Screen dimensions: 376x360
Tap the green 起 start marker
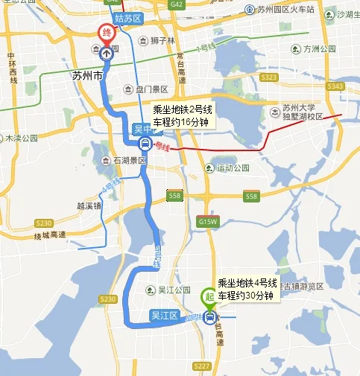click(209, 295)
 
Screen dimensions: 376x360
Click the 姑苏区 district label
click(129, 16)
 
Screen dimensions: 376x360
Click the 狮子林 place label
click(162, 40)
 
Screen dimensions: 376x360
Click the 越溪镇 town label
click(89, 205)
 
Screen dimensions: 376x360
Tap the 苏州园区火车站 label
click(286, 9)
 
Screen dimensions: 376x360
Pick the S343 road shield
click(334, 86)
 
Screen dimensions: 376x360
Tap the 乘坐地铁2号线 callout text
click(184, 109)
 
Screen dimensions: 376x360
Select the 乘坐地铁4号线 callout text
click(247, 284)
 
